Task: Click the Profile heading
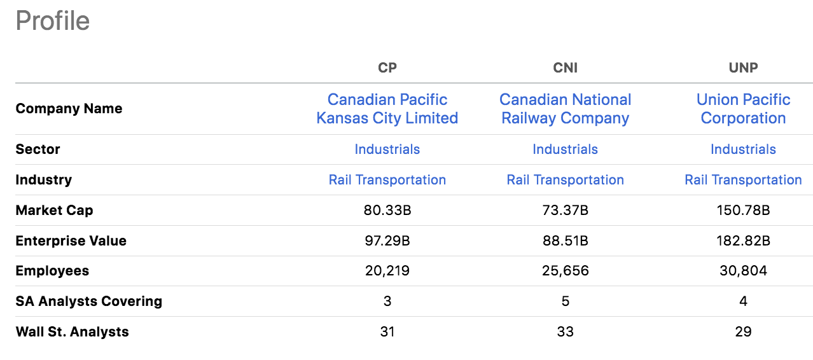coord(52,21)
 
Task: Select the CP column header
coord(387,67)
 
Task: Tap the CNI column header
coord(565,67)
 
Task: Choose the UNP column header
coord(743,67)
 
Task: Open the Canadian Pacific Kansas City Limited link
coord(387,109)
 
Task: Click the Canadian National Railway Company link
coord(565,109)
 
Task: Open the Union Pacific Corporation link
coord(743,109)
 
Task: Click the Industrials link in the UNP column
coord(743,149)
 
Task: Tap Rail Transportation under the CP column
coord(387,180)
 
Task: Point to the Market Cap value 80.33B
coord(387,210)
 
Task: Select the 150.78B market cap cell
coord(743,210)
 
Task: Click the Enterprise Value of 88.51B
coord(565,240)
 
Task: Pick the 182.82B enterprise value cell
coord(743,240)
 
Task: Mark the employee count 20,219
coord(387,271)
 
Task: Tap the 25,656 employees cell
coord(565,271)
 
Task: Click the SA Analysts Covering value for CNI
coord(565,301)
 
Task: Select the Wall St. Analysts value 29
coord(743,331)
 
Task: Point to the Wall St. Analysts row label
coord(72,331)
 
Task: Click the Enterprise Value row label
coord(71,240)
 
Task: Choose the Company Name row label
coord(69,109)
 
